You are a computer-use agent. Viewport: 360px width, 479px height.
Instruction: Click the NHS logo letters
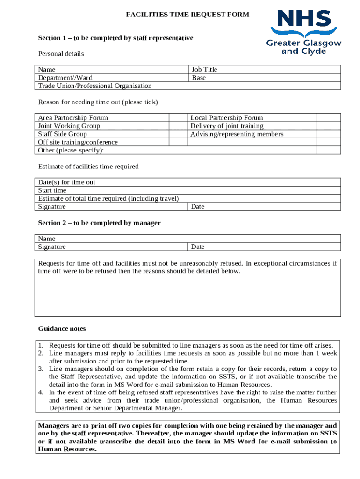[x=303, y=20]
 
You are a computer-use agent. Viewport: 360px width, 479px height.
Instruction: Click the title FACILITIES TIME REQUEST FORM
[x=187, y=15]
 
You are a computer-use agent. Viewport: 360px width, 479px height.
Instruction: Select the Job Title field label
[x=204, y=70]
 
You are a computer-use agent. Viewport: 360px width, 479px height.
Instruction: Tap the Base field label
[x=199, y=78]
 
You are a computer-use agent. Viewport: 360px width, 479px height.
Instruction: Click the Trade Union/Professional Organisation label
[x=95, y=86]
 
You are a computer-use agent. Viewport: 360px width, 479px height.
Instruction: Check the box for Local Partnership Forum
[x=329, y=118]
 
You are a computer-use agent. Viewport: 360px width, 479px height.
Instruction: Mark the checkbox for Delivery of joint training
[x=329, y=126]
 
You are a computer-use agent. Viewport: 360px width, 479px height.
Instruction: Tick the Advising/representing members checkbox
[x=329, y=134]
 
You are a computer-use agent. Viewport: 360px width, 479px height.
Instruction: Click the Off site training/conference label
[x=78, y=142]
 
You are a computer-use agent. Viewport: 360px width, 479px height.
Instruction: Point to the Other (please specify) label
[x=71, y=150]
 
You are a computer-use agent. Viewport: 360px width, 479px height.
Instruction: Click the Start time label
[x=52, y=190]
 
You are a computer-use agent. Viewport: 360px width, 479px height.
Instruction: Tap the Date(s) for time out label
[x=67, y=182]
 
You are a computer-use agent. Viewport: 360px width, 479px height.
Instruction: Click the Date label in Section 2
[x=198, y=247]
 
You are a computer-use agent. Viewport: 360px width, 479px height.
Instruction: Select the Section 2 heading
[x=99, y=223]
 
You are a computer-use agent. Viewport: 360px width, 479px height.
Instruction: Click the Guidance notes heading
[x=62, y=329]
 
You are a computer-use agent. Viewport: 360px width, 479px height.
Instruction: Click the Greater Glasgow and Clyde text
[x=303, y=47]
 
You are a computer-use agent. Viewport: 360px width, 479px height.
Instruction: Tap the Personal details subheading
[x=61, y=54]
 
